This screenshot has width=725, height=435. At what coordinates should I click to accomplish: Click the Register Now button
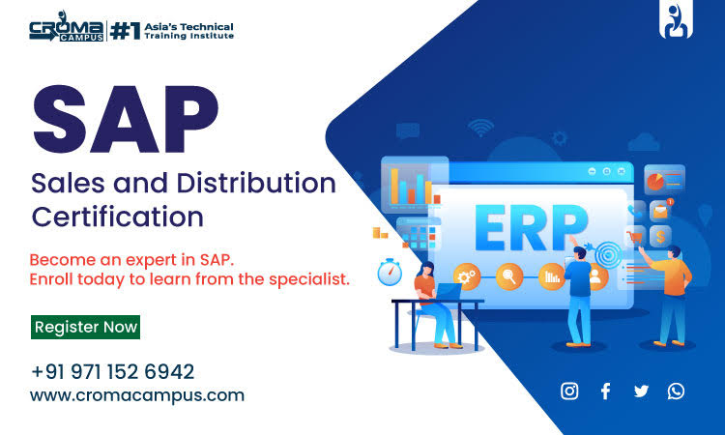(x=86, y=327)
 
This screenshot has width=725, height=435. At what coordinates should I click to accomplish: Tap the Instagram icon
(x=570, y=391)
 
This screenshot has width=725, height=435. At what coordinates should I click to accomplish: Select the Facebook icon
(x=605, y=391)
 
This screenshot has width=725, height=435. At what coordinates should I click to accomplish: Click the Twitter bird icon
(x=641, y=391)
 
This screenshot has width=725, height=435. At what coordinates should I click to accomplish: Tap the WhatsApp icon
(x=676, y=391)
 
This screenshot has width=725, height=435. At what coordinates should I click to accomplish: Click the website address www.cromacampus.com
(x=136, y=394)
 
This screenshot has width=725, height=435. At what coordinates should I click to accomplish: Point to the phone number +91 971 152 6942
(x=112, y=371)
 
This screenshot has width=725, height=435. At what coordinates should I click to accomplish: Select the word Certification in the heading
(x=117, y=216)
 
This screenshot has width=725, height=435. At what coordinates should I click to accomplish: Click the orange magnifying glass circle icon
(x=508, y=275)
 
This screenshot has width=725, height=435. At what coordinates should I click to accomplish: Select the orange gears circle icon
(x=467, y=275)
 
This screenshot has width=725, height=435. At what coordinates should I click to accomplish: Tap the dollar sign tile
(x=661, y=236)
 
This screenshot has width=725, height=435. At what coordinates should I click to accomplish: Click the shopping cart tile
(x=636, y=236)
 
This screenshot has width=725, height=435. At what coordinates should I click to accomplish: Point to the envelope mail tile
(x=660, y=209)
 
